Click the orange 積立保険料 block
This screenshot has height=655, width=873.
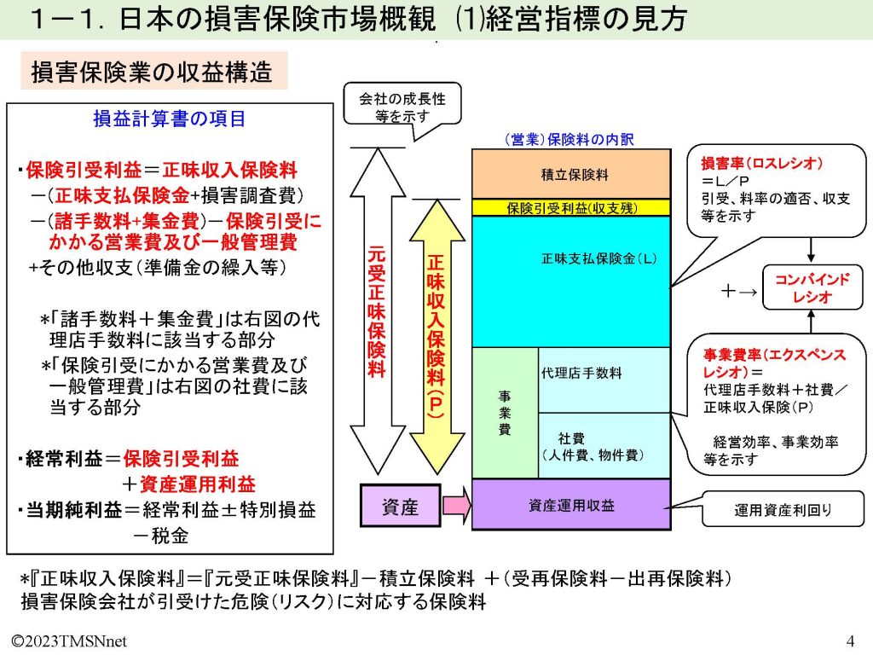(x=570, y=174)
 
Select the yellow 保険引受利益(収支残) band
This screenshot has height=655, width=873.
(x=570, y=207)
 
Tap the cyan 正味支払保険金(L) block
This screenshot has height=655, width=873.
(x=570, y=281)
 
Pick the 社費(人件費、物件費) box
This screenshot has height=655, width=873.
(x=604, y=445)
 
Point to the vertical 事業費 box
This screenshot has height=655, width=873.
(x=505, y=413)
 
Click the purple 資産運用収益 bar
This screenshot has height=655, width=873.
(x=570, y=505)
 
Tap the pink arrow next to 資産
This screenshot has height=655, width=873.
(x=456, y=507)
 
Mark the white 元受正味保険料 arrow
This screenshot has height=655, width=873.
(x=375, y=311)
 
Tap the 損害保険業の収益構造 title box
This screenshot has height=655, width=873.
(x=153, y=72)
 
